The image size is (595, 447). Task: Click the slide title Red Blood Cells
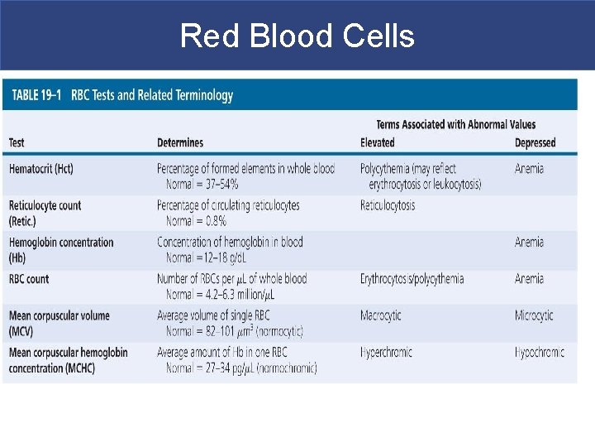pos(297,36)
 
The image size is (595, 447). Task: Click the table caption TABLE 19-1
pos(36,95)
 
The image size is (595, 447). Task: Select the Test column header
pos(17,143)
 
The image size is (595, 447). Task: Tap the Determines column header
pos(180,143)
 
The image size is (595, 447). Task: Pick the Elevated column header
pos(378,143)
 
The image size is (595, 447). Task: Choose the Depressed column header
pos(535,143)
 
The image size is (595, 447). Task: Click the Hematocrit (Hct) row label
pos(41,169)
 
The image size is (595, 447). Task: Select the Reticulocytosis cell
pos(388,205)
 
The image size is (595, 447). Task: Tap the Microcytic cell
pos(534,315)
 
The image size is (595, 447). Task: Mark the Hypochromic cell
pos(540,352)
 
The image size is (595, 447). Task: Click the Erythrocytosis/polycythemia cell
pos(412,279)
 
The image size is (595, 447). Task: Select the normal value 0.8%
pos(213,221)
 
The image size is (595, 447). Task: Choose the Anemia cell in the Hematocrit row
pos(529,169)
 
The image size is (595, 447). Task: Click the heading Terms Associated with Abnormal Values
pos(455,125)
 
